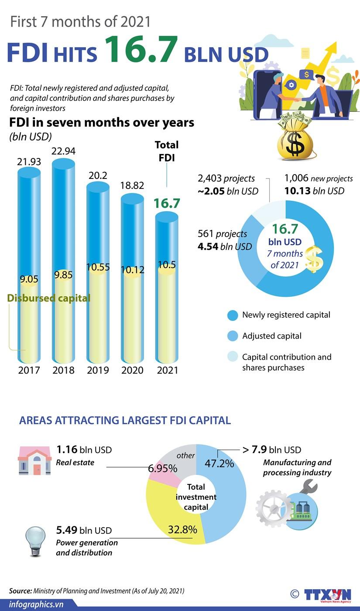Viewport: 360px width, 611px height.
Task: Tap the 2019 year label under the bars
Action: [98, 371]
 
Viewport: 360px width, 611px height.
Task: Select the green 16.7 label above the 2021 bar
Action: [167, 203]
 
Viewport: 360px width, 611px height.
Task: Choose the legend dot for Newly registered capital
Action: [233, 315]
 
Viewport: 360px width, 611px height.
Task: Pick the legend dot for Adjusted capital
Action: [233, 336]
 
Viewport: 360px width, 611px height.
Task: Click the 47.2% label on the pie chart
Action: [219, 463]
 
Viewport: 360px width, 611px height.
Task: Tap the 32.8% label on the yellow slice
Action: [182, 530]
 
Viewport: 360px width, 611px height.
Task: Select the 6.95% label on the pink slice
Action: [162, 469]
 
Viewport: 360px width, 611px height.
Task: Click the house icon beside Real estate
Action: [34, 460]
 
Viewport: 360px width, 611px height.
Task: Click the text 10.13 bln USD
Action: [314, 191]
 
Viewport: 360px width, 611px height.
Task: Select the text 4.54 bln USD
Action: [224, 247]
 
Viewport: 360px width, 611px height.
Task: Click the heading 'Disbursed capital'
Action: [49, 298]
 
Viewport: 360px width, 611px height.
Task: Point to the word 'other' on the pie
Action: [185, 456]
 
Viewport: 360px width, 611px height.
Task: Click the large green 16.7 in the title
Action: [141, 50]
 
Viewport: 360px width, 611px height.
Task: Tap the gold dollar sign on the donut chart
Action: [314, 259]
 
